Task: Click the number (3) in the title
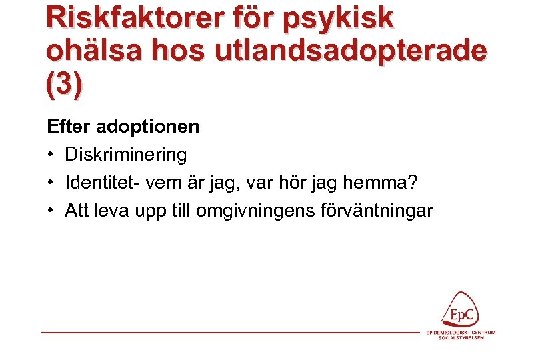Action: point(65,85)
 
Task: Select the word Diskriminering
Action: point(125,155)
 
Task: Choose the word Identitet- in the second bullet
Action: point(103,183)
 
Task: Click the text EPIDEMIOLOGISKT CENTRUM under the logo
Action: point(461,332)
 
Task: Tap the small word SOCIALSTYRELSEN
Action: point(461,338)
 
